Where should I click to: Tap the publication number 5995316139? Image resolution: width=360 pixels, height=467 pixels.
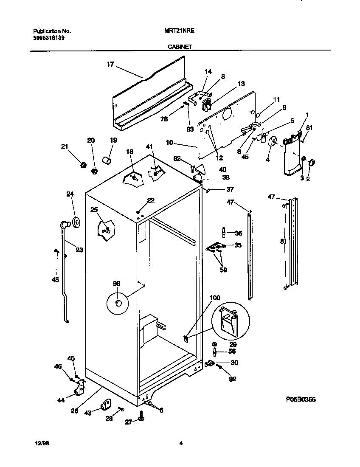(x=49, y=38)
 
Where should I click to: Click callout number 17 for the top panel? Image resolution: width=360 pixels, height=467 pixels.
(x=110, y=65)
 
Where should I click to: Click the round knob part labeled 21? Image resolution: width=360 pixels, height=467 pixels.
(x=84, y=164)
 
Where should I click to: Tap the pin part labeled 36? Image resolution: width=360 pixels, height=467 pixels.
(x=223, y=233)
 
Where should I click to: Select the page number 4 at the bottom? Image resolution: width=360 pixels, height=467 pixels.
(x=181, y=443)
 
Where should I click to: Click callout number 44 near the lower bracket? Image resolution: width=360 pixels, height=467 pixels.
(x=61, y=399)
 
